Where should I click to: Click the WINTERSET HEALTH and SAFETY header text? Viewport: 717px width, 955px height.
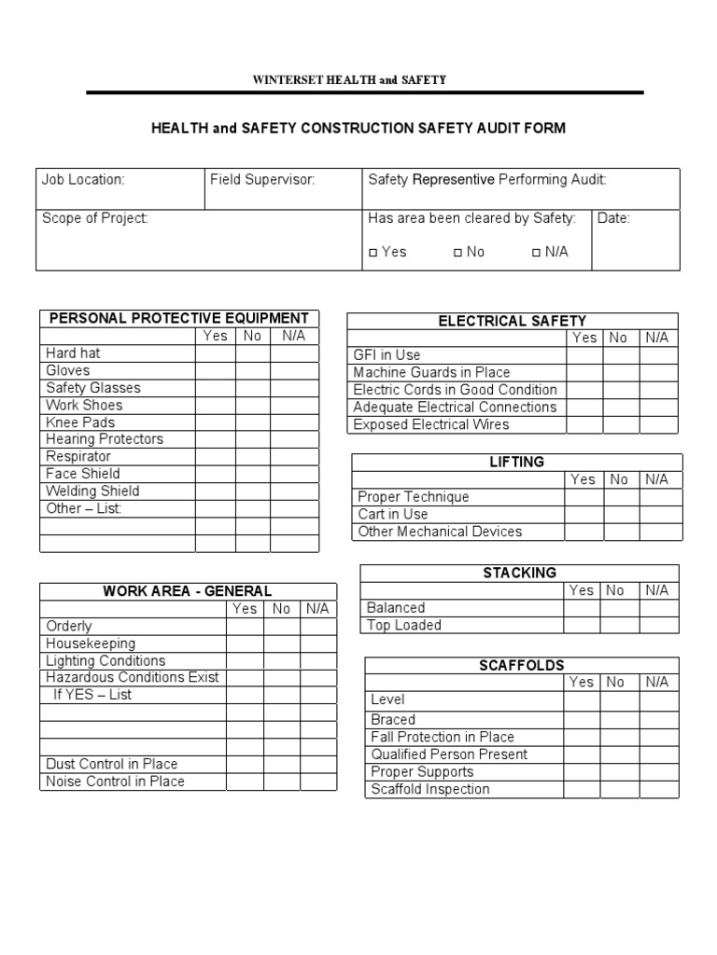(349, 80)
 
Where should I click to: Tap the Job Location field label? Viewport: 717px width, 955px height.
(83, 179)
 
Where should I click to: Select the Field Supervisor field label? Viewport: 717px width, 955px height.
(262, 179)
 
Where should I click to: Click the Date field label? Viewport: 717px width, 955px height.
(614, 218)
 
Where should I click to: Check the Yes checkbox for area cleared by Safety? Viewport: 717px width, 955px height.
(373, 252)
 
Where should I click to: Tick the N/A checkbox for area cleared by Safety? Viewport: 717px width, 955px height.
(536, 252)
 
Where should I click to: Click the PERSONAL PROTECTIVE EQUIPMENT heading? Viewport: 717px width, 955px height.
(178, 318)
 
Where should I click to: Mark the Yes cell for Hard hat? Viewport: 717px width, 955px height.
(215, 353)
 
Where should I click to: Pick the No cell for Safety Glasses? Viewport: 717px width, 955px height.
(252, 388)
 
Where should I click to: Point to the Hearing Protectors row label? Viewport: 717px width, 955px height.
(105, 439)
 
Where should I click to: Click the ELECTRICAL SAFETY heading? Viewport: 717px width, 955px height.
(513, 321)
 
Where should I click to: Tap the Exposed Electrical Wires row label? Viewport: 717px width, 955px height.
(431, 424)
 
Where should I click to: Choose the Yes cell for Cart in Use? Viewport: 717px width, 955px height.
(583, 514)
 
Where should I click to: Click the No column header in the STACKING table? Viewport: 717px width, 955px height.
(615, 590)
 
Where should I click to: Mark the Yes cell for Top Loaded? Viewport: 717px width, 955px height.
(581, 625)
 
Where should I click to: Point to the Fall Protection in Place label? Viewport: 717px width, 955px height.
(443, 737)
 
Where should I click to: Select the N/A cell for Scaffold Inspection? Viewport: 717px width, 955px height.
(657, 789)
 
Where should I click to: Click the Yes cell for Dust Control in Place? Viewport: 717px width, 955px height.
(245, 764)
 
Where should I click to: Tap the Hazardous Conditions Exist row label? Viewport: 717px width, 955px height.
(133, 677)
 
